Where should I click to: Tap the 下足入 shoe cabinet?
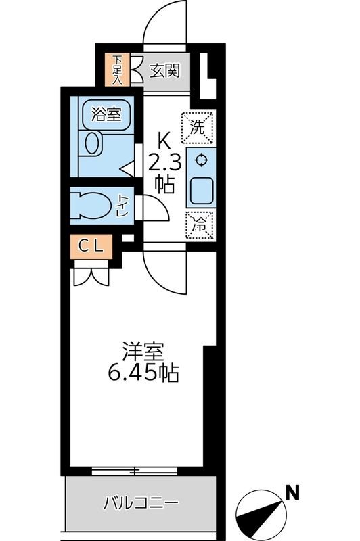coord(118,68)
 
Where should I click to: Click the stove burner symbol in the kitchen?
coord(200,160)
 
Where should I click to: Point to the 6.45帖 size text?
coord(143,373)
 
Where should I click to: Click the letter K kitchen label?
coord(163,141)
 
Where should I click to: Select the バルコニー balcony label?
coord(141,503)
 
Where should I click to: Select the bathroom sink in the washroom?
coord(91,143)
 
